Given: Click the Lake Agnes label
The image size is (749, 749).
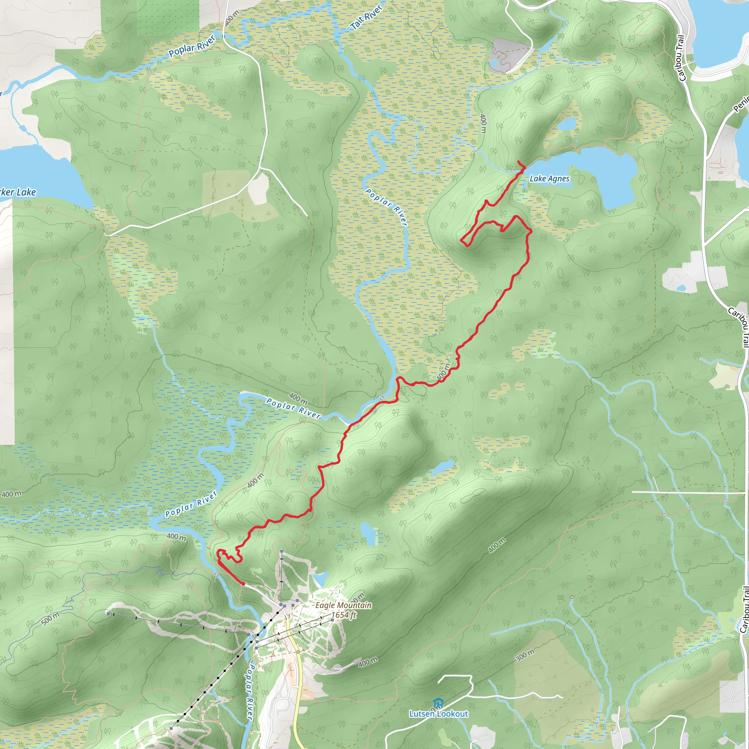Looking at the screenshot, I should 549,179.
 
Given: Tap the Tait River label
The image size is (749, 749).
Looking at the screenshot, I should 366,18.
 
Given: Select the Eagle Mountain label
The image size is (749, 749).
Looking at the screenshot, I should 343,605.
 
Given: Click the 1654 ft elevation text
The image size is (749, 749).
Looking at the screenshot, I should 343,615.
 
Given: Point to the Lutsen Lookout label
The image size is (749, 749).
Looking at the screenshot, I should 439,714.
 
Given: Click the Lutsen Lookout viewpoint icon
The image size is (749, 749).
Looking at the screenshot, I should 438,703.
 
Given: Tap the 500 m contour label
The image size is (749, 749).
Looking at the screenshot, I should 50,619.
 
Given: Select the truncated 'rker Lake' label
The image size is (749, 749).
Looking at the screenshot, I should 18,192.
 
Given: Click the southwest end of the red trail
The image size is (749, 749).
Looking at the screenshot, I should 243,583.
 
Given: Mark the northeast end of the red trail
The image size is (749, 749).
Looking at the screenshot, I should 519,161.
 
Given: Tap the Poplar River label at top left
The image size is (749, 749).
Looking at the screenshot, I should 192,46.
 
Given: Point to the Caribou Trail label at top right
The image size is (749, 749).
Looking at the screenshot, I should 681,58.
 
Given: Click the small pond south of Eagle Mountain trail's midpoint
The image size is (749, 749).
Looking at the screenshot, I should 368,533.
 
